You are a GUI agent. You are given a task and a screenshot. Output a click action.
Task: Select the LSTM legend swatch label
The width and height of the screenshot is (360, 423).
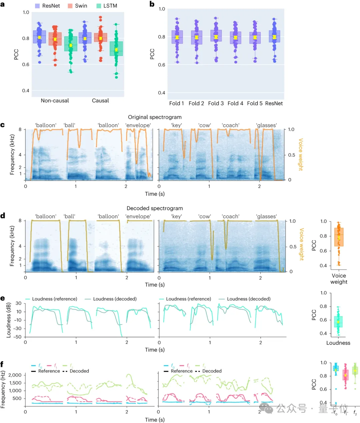[x=110, y=6]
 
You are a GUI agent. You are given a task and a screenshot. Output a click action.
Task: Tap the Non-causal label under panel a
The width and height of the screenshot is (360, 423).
[x=55, y=100]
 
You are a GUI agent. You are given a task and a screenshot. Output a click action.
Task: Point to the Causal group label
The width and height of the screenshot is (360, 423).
[x=100, y=100]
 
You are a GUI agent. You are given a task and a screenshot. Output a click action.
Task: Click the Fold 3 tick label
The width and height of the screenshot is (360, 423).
[x=216, y=103]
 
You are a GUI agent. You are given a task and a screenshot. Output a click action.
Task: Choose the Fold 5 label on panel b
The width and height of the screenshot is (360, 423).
[x=255, y=103]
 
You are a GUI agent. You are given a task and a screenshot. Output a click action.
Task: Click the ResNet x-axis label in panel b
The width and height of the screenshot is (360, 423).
[x=274, y=103]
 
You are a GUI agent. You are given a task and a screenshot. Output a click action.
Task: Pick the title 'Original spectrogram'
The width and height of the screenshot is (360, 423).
[x=155, y=117]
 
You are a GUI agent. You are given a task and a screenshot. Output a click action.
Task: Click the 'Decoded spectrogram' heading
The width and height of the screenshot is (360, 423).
[x=155, y=208]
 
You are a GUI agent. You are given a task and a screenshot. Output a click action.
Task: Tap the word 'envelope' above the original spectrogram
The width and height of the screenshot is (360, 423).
[x=138, y=125]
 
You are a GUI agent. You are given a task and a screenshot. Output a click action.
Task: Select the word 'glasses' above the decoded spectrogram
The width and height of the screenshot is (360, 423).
[x=266, y=217]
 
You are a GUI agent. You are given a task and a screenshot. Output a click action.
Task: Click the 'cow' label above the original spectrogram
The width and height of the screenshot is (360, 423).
[x=205, y=125]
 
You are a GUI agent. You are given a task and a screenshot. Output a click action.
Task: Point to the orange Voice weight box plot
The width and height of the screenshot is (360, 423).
[x=339, y=237]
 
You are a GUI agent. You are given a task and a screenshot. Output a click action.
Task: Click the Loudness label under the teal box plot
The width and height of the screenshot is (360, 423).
[x=338, y=343]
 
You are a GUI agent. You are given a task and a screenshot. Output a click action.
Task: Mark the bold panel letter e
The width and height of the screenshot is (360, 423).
[x=3, y=299]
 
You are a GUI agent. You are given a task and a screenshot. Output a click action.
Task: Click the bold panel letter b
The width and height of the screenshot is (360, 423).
[x=152, y=4]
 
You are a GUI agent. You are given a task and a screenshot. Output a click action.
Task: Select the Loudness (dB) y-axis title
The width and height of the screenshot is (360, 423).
[x=9, y=320]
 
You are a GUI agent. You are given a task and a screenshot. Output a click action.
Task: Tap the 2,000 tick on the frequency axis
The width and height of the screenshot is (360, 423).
[x=15, y=375]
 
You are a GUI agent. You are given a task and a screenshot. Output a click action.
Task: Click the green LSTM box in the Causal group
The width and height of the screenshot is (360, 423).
[x=116, y=48]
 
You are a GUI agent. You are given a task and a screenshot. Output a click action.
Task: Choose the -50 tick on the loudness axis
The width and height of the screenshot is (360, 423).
[x=17, y=337]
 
